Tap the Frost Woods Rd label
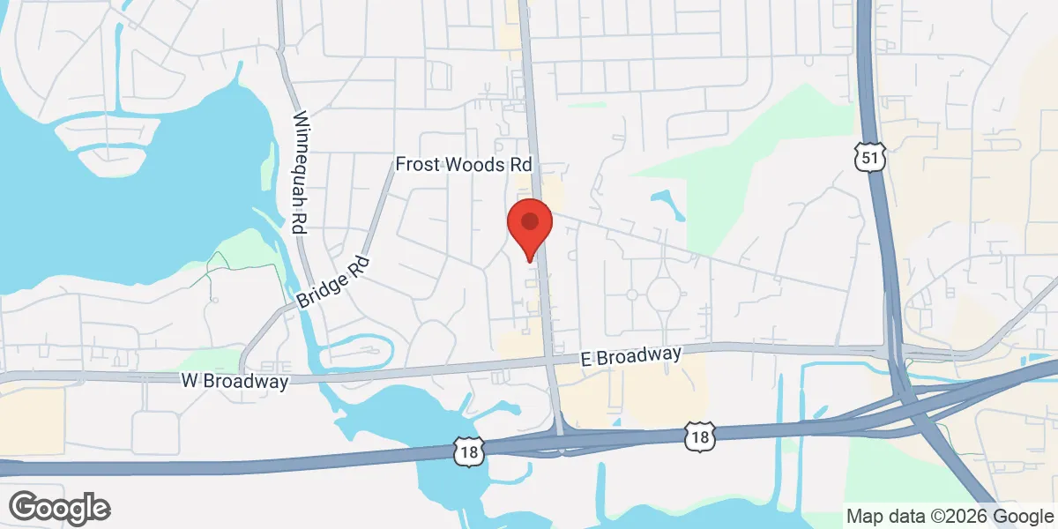(x=464, y=164)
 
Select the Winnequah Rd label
(x=302, y=172)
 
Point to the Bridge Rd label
(x=335, y=282)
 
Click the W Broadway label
(x=235, y=382)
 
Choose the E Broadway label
(x=631, y=356)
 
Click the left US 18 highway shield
(x=466, y=451)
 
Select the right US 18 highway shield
(x=697, y=435)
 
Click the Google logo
(x=59, y=508)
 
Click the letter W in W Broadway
(x=188, y=382)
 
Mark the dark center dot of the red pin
(x=530, y=220)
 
